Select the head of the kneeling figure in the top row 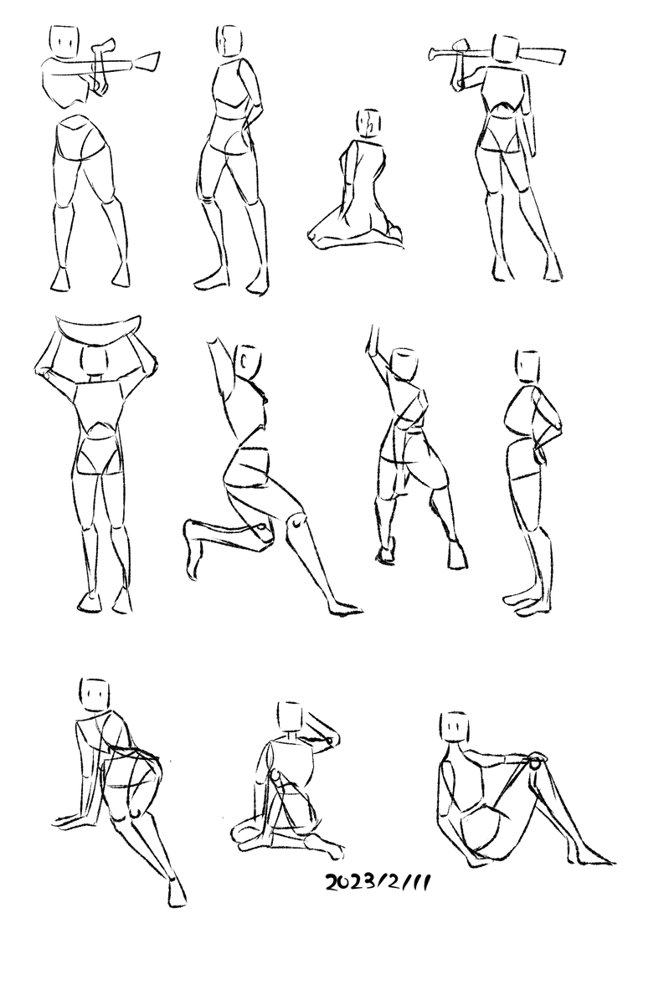click(368, 122)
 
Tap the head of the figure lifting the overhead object click(95, 361)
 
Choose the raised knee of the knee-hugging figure click(537, 762)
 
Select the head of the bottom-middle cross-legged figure click(290, 716)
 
